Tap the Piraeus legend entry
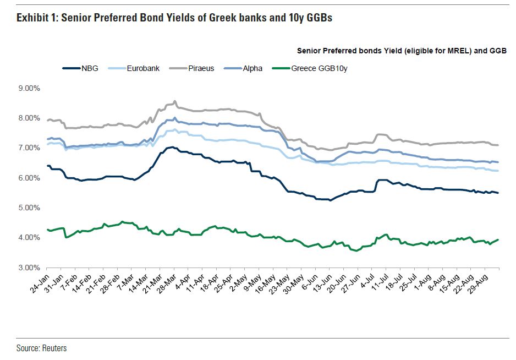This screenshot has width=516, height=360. coord(201,69)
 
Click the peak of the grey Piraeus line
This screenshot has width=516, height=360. coord(175,101)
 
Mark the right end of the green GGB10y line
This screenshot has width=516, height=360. coord(498,239)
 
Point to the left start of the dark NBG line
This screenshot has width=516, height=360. coord(48,166)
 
